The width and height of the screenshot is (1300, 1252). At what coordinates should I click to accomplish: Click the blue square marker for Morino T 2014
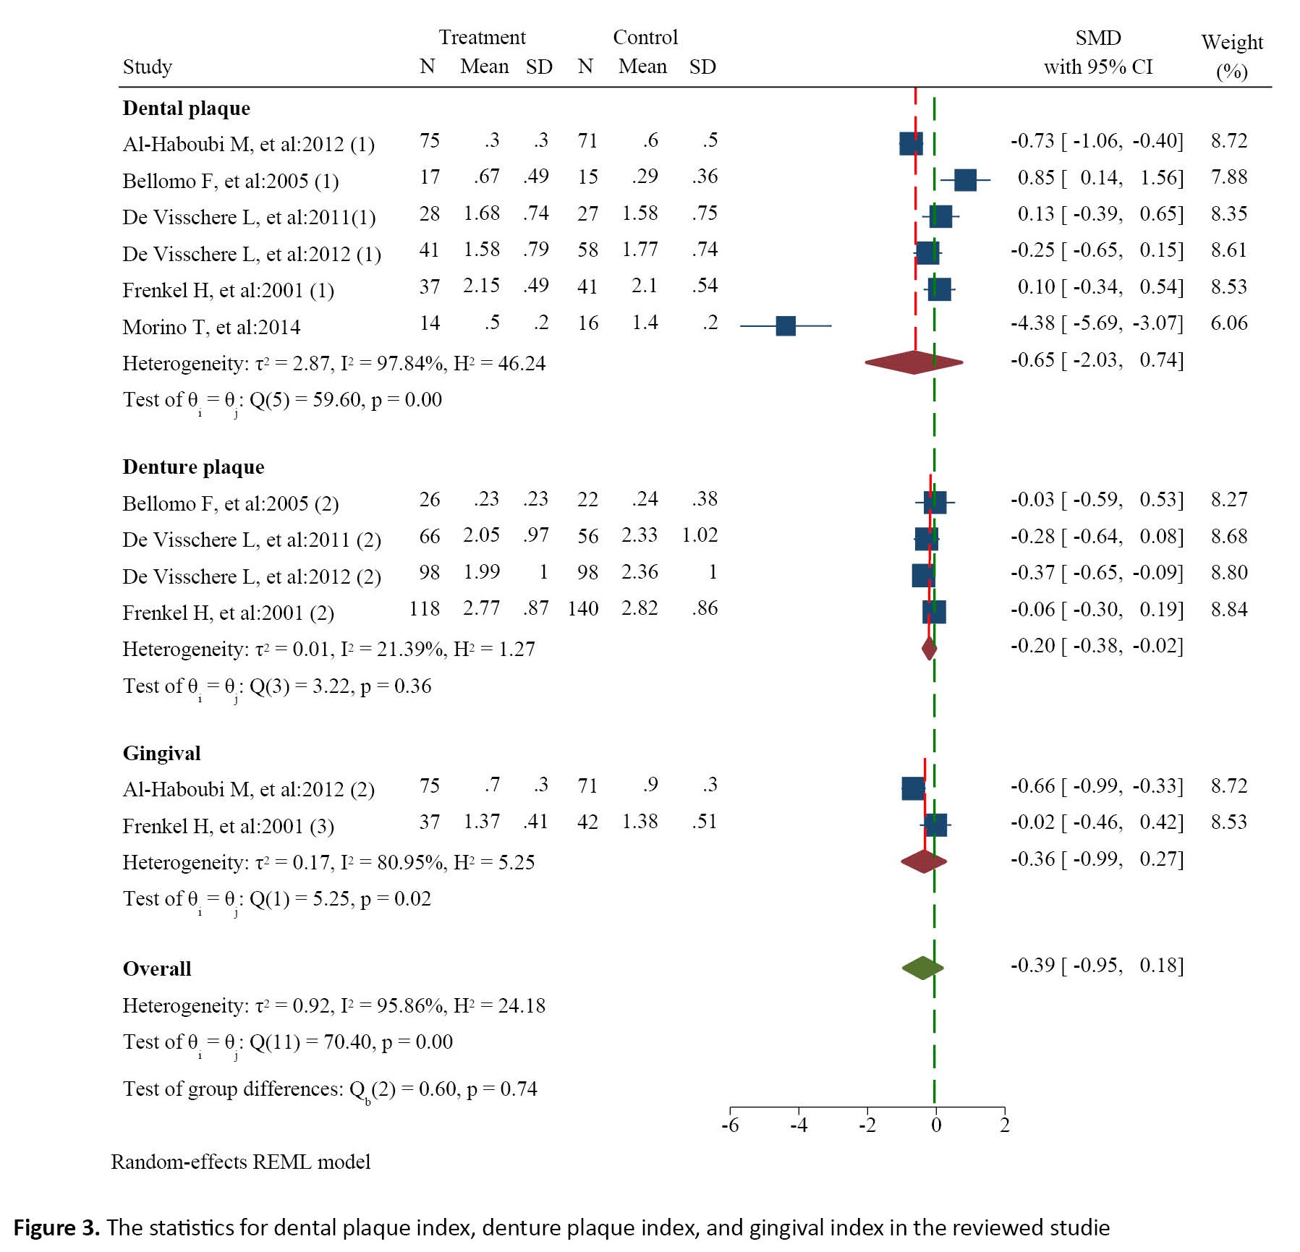pos(785,325)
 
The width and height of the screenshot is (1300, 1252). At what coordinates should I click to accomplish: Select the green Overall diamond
pos(922,968)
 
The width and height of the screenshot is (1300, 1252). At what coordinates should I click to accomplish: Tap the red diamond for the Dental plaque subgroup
pos(914,362)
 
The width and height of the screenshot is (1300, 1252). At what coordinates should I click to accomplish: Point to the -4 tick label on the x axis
pos(798,1125)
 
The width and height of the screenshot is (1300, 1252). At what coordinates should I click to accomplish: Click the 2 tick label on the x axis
pos(1004,1125)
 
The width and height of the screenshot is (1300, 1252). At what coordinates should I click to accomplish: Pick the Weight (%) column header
pos(1232,56)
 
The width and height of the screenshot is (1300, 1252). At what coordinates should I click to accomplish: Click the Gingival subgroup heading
pos(161,753)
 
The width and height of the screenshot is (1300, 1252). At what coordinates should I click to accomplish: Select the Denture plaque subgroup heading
pos(193,467)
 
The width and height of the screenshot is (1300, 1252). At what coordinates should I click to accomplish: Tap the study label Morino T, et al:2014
pos(211,327)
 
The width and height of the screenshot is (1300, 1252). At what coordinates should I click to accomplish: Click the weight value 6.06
pos(1228,323)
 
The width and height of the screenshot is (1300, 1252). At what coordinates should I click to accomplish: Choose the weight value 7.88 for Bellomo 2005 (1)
pos(1228,176)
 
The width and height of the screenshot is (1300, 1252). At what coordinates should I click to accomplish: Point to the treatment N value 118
pos(424,608)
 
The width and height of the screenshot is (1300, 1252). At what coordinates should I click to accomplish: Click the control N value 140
pos(582,608)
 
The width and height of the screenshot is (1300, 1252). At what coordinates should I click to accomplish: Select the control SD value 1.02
pos(700,535)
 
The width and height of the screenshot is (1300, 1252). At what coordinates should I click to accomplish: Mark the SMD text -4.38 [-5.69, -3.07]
pos(1097,323)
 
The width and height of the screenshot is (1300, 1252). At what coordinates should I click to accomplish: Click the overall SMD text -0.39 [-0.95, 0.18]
pos(1097,966)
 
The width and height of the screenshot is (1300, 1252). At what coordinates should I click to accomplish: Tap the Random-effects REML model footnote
pos(240,1162)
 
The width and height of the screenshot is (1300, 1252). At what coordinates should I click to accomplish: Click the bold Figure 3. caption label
pos(56,1227)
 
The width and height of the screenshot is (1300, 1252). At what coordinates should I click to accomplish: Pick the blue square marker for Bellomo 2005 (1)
pos(965,180)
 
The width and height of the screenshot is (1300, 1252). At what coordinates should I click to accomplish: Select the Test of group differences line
pos(330,1089)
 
